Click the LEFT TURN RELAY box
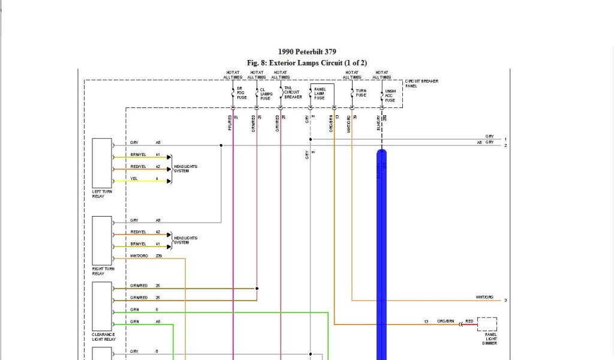[102, 163]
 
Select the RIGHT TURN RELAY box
[102, 241]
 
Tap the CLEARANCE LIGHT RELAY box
[102, 306]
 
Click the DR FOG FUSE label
[241, 92]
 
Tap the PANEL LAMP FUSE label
[320, 93]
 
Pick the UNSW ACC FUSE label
[390, 96]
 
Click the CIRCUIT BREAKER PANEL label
[422, 83]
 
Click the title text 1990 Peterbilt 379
[307, 52]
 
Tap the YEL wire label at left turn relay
[134, 178]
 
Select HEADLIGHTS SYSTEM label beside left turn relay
[185, 169]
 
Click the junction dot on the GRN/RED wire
[257, 289]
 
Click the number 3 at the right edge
[505, 300]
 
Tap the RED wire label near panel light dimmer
[469, 322]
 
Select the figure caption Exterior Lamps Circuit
[306, 63]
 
